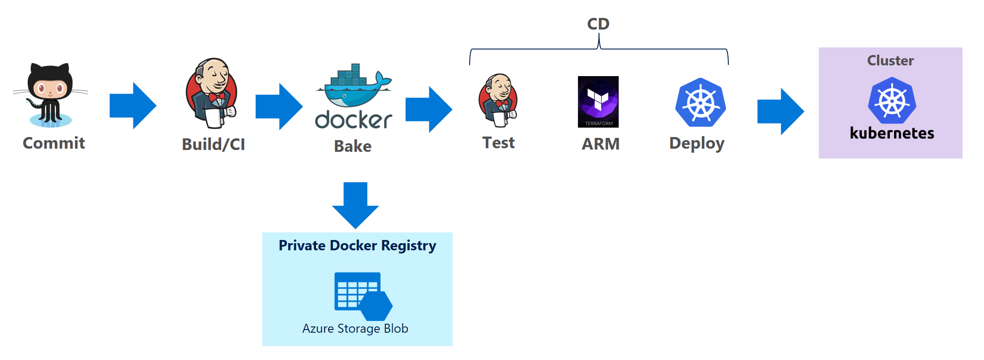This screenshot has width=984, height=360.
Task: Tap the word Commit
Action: (54, 143)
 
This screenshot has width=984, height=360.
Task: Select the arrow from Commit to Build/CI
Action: (133, 106)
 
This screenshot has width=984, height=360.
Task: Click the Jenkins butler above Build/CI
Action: (211, 93)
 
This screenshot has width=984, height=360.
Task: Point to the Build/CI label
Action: (214, 144)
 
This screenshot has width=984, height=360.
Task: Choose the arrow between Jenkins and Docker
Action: (279, 107)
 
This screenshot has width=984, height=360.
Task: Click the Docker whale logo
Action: (354, 96)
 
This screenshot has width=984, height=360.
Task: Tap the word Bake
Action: (353, 146)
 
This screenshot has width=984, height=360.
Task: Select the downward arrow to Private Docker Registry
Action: (355, 206)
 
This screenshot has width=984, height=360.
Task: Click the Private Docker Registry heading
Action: (357, 245)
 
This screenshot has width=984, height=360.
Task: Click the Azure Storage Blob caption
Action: (355, 329)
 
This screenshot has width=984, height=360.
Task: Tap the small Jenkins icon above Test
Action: (498, 101)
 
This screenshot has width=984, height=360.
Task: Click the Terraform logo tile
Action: (598, 102)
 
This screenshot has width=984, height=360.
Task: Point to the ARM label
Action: (600, 144)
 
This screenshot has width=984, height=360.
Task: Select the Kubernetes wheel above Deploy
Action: (701, 102)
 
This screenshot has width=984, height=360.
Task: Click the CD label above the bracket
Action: (598, 24)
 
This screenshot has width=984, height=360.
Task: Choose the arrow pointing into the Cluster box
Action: (781, 111)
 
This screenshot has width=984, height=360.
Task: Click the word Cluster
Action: (890, 60)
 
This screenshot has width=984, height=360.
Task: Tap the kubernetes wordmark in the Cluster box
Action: (892, 133)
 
